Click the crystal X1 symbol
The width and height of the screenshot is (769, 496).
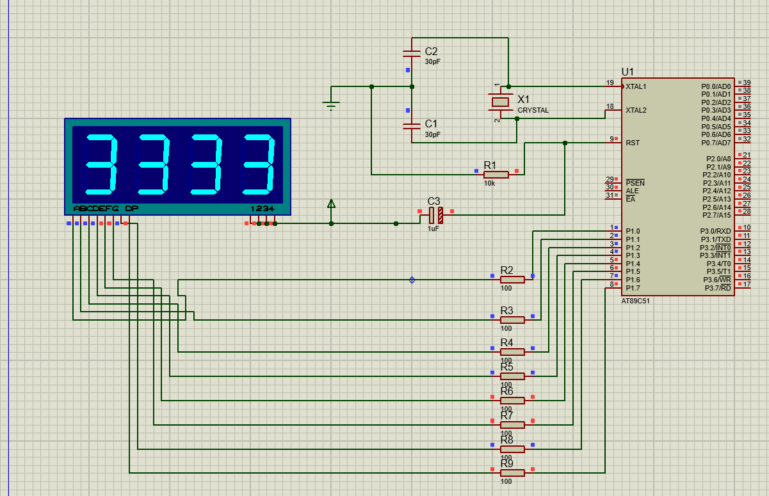(x=500, y=102)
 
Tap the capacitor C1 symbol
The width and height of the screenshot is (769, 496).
(x=411, y=126)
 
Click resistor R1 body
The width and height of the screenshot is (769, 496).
(x=496, y=174)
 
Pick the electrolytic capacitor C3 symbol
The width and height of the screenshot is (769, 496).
(x=435, y=215)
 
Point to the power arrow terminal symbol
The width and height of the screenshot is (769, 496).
(x=331, y=204)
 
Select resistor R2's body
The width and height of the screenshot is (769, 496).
(x=512, y=279)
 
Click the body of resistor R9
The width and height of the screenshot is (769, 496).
(x=512, y=472)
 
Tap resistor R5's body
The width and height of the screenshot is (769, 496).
(x=512, y=376)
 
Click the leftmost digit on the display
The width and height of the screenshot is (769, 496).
(x=101, y=165)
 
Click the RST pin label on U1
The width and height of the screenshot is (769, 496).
(x=633, y=143)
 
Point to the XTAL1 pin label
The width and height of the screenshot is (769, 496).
(x=636, y=86)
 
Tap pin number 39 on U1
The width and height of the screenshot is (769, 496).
(x=747, y=83)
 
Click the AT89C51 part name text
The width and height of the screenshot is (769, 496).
(x=636, y=301)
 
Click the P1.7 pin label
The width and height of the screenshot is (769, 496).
(x=633, y=288)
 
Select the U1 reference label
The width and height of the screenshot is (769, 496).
(x=627, y=72)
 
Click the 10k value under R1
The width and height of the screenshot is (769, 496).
(x=489, y=183)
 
